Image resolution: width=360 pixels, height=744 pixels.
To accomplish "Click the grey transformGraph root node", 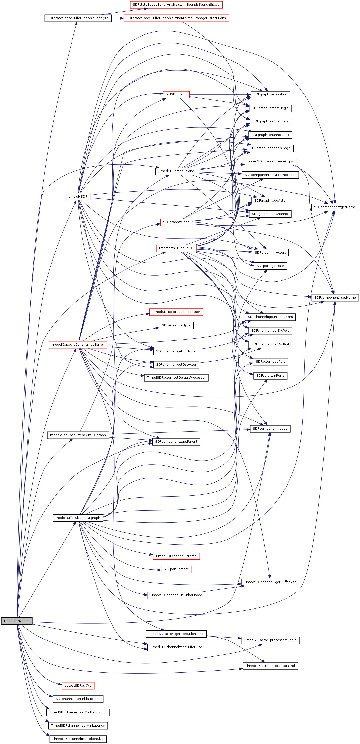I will point(17,621).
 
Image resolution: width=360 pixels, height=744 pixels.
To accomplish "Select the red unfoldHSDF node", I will point(78,197).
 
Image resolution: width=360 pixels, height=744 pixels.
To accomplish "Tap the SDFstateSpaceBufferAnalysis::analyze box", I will point(78,18).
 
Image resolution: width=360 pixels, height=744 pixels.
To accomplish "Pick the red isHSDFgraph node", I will point(176,94).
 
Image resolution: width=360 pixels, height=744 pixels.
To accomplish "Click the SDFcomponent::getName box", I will point(335,207).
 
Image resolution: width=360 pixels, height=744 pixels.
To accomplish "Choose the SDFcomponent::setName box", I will point(335,297).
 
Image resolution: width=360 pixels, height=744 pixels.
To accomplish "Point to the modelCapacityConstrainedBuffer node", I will point(78,344).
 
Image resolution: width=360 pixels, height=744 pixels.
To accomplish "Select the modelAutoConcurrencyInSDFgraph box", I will point(78,435).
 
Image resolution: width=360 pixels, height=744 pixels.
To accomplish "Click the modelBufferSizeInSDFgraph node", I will point(78,518).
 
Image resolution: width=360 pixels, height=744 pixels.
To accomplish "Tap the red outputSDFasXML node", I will point(78,685).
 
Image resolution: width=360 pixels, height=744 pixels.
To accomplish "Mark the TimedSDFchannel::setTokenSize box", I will point(78,739).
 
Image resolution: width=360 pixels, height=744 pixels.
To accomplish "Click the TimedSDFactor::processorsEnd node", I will point(270,666).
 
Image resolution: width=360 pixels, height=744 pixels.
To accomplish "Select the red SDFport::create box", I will point(176,569).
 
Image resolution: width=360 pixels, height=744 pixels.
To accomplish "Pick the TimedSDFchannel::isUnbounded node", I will point(176,595).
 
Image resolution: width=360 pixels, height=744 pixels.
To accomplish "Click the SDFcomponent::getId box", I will point(270,429).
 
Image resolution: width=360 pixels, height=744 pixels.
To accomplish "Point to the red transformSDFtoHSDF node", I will point(176,248).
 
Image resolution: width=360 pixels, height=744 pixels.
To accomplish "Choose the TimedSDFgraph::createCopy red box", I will point(270,161).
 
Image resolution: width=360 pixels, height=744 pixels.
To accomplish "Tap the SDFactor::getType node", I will point(176,325).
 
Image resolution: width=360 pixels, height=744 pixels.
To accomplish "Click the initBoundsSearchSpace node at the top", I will point(176,5).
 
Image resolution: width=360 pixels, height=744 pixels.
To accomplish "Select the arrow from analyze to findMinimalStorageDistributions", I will point(117,18).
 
